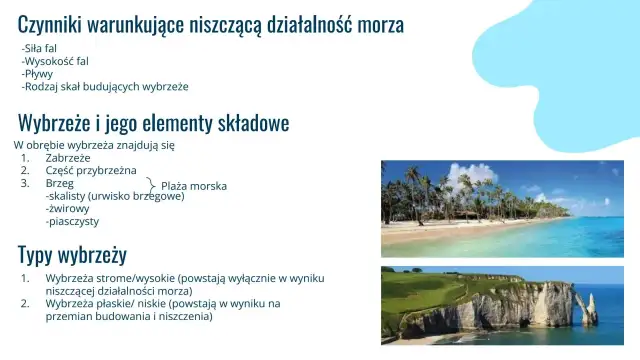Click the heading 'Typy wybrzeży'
point(72,253)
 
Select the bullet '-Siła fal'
point(39,48)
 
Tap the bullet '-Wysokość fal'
point(54,61)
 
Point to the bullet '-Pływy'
point(37,74)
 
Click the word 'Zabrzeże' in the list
point(68,158)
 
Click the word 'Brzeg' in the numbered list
point(60,184)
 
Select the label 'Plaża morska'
point(194,186)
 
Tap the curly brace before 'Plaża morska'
point(152,185)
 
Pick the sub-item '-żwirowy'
point(67,209)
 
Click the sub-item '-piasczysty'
point(72,222)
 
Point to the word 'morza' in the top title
point(380,24)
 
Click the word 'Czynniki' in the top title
point(51,24)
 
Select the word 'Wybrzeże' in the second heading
point(59,123)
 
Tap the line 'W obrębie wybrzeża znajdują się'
point(94,145)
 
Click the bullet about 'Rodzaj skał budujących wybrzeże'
point(105,87)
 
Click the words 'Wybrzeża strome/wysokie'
point(111,277)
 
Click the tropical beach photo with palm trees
point(502,208)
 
